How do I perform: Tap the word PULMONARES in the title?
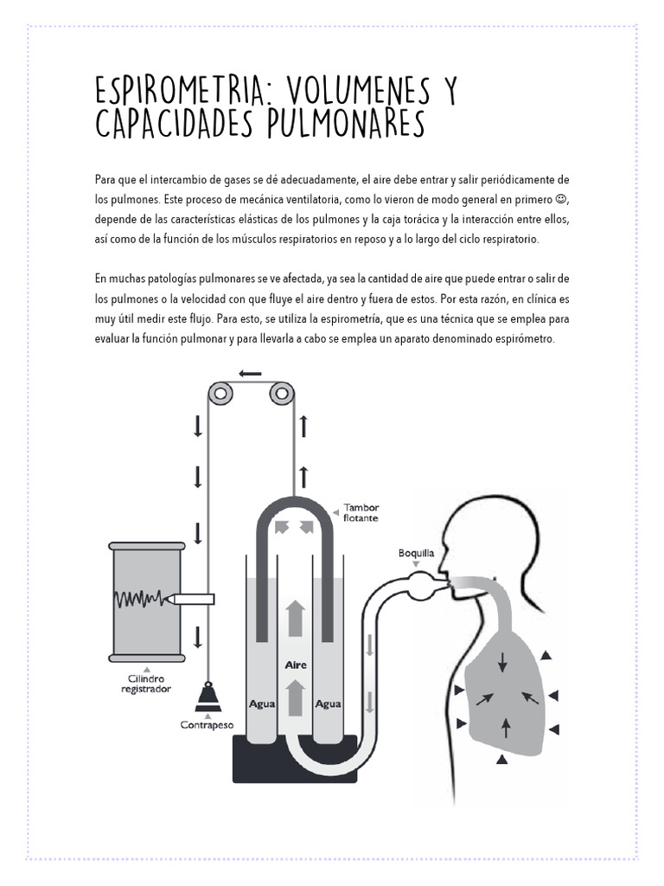[x=345, y=125]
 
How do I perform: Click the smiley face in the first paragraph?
[x=560, y=200]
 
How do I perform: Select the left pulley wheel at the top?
[x=220, y=395]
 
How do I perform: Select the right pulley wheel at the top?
[x=281, y=395]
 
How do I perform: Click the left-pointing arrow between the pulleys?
[x=250, y=374]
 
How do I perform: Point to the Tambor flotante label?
[x=361, y=513]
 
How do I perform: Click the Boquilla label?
[x=416, y=551]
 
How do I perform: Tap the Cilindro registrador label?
[x=145, y=684]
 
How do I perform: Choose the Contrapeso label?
[x=207, y=723]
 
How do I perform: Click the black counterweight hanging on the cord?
[x=207, y=694]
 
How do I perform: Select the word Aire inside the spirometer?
[x=296, y=665]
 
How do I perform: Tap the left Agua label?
[x=262, y=703]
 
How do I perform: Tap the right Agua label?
[x=328, y=703]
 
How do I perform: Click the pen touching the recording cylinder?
[x=195, y=598]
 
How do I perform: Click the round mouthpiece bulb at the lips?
[x=424, y=584]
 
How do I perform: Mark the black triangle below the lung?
[x=501, y=760]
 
